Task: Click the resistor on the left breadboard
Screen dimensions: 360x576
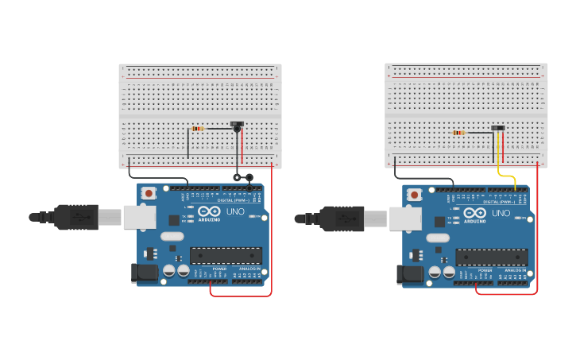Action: (x=197, y=129)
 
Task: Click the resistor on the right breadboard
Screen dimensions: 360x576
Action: (x=458, y=133)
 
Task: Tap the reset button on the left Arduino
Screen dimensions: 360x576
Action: (x=149, y=193)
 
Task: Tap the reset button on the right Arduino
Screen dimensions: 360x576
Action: (x=414, y=194)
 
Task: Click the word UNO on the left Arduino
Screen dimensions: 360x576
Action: (x=236, y=212)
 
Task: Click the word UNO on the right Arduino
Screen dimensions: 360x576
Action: (x=501, y=213)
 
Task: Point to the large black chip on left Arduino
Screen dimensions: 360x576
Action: (x=226, y=256)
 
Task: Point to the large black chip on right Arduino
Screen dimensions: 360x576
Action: (x=491, y=257)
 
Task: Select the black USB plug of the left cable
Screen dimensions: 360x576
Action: (x=76, y=217)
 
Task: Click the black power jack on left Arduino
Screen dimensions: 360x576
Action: (x=143, y=273)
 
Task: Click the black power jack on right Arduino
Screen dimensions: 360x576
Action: (x=408, y=274)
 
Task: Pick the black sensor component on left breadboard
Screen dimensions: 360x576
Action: (x=237, y=125)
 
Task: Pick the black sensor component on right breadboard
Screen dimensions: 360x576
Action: (x=498, y=128)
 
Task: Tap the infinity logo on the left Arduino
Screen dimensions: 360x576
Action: (x=209, y=212)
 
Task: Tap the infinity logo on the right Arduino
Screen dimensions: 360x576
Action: (x=474, y=213)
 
